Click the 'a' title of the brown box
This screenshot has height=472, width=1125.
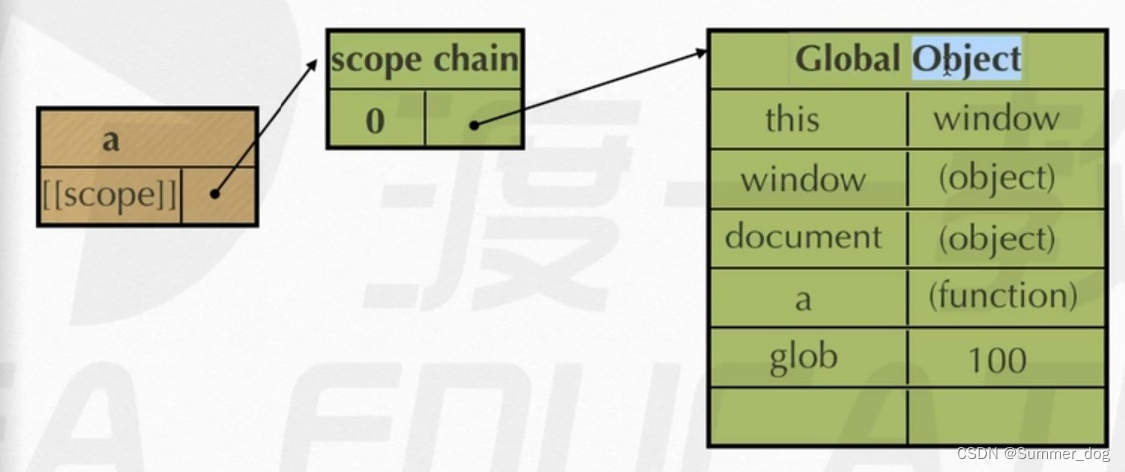[110, 139]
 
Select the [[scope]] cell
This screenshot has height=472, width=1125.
[110, 196]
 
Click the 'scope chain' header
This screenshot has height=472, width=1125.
[425, 60]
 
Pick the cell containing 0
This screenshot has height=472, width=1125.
[375, 120]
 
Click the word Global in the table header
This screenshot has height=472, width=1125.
[847, 59]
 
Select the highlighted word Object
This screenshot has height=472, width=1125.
[966, 59]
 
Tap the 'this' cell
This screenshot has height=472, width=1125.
[792, 119]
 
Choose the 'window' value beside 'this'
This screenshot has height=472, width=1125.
[995, 119]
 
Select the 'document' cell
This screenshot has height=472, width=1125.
[804, 236]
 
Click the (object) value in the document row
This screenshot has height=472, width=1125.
[995, 236]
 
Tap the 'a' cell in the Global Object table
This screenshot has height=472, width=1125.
[803, 297]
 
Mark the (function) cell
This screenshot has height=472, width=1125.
[1002, 295]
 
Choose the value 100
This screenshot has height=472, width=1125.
[996, 358]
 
